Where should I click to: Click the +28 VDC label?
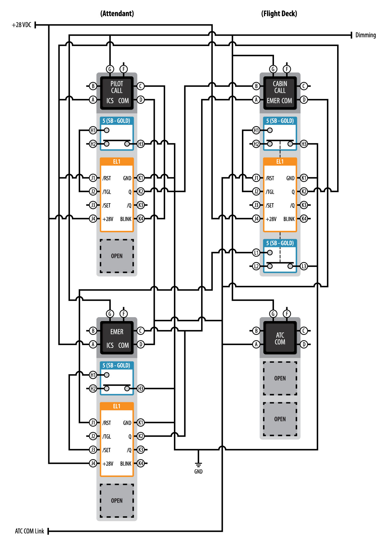point(21,25)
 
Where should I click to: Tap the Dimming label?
point(365,35)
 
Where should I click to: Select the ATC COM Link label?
point(29,531)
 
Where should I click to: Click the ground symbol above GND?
point(199,464)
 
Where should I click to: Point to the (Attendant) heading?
point(117,14)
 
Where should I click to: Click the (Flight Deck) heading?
point(279,14)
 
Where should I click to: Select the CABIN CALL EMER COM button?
point(280,93)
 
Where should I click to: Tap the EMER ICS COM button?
point(117,338)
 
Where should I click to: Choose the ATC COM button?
point(280,338)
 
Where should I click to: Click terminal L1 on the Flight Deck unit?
point(256,253)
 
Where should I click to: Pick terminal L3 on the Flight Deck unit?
point(304,266)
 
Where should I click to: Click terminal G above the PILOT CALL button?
point(110,69)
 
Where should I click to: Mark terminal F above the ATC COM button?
point(287,314)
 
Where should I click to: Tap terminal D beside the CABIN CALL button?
point(304,100)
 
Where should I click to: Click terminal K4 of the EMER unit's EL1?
point(141,463)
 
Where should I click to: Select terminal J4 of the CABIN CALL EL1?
point(256,219)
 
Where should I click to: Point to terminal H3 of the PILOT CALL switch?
point(141,144)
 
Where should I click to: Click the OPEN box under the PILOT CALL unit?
point(117,256)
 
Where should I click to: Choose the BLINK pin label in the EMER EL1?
point(126,464)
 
